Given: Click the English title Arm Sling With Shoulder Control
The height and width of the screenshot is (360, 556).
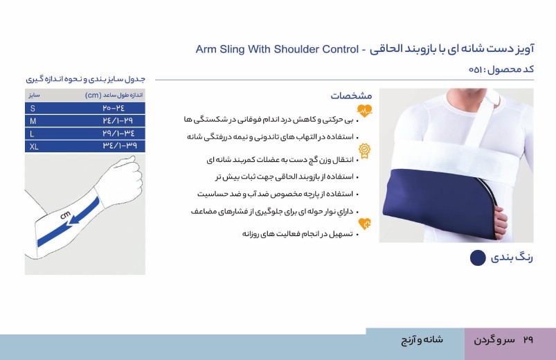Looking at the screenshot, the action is [x=277, y=49].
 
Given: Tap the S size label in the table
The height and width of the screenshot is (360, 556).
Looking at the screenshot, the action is [x=33, y=108].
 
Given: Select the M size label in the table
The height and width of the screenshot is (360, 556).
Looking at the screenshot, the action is [x=33, y=121].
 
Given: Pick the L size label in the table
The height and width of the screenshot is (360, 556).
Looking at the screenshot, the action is [x=32, y=134].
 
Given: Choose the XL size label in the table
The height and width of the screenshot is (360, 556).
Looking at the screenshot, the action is [x=34, y=147].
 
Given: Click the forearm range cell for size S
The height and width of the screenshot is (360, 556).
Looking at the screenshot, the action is [x=114, y=108].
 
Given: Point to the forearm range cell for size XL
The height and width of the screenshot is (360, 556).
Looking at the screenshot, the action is [x=120, y=146].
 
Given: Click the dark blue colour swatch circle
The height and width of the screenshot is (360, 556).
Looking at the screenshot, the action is [x=478, y=258].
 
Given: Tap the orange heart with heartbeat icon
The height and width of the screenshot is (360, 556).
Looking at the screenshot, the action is [x=364, y=111].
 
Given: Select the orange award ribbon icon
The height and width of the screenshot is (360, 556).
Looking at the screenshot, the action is [x=364, y=151].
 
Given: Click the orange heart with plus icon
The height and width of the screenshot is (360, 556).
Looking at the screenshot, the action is [x=364, y=224].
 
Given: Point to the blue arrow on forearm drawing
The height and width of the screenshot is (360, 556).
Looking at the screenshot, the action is [x=84, y=211].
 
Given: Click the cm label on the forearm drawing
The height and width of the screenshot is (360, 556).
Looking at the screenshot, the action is [x=65, y=215].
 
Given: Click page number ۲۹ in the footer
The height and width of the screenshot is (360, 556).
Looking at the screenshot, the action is [x=528, y=340].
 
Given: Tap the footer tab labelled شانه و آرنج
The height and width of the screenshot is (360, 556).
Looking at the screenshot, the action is [x=422, y=340].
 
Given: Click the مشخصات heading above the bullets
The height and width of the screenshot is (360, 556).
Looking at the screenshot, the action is [x=352, y=96].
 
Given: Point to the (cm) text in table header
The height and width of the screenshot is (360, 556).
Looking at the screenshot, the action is [x=93, y=95].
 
